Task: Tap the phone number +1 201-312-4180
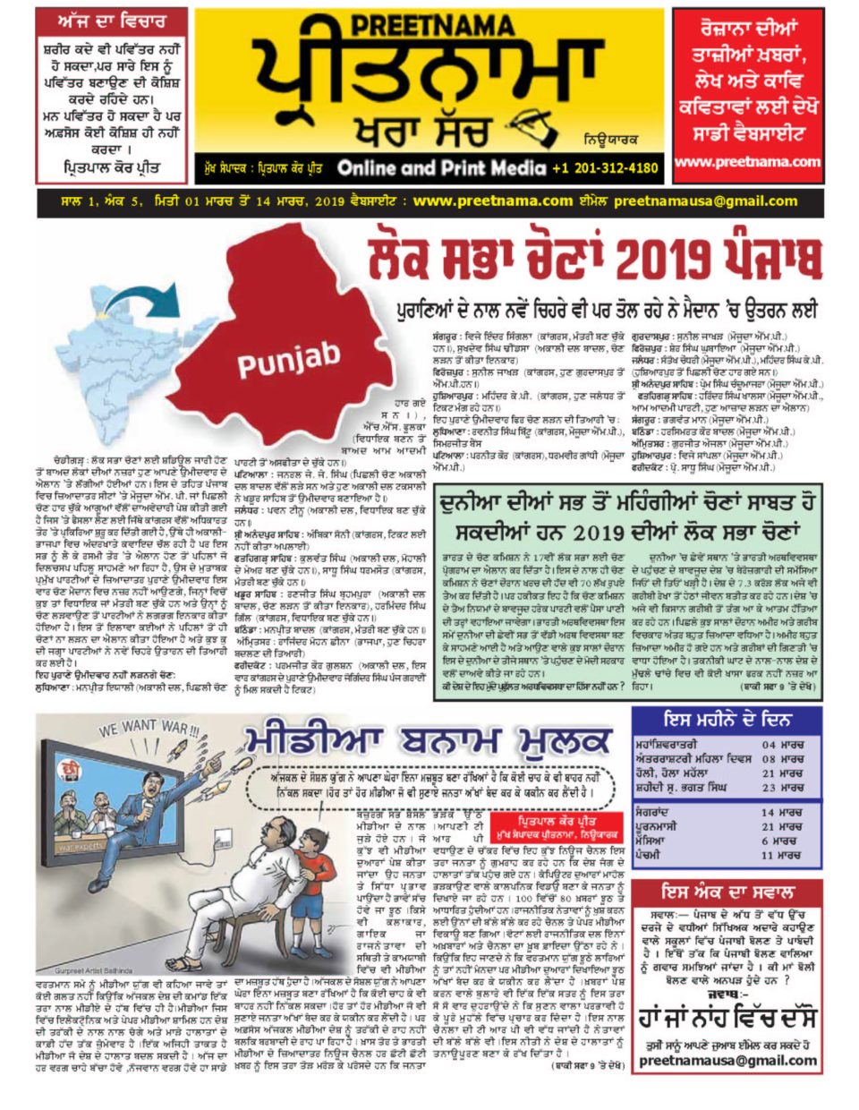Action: click(x=605, y=167)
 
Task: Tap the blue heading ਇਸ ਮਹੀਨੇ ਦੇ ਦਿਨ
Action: click(x=727, y=720)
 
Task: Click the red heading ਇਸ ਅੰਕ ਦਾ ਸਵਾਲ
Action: click(x=727, y=892)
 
